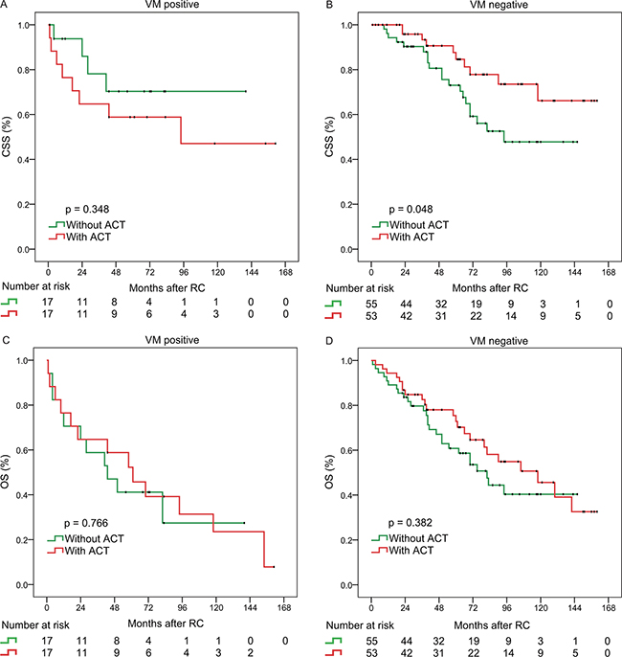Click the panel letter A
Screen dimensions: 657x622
[5, 6]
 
